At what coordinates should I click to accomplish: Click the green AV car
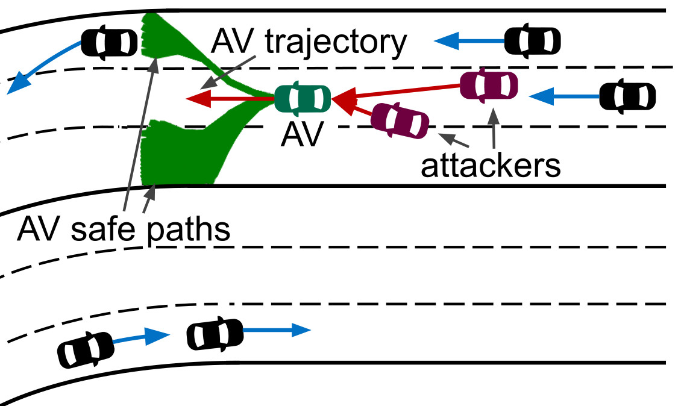point(303,98)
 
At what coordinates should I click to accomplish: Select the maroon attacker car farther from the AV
point(489,86)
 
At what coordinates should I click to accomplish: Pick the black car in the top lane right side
point(532,40)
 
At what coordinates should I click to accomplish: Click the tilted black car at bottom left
point(85,349)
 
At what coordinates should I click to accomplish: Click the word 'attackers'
point(491,166)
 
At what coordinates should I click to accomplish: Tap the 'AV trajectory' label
point(309,43)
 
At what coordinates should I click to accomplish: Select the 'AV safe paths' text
point(124,230)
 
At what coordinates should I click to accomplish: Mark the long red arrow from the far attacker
point(398,92)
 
